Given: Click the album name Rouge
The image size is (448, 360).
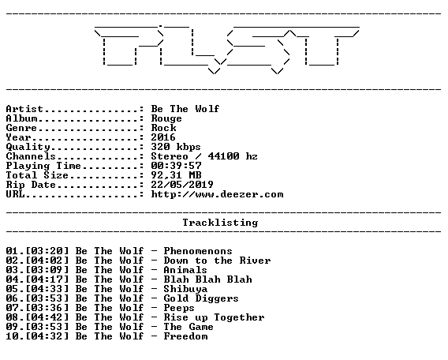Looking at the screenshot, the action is pyautogui.click(x=166, y=118).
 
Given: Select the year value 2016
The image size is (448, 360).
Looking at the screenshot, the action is pyautogui.click(x=163, y=137).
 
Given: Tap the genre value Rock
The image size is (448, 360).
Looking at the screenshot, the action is pyautogui.click(x=163, y=128).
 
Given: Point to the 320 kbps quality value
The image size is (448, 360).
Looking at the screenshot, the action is pyautogui.click(x=176, y=147).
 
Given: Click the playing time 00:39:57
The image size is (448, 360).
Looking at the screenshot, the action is pyautogui.click(x=177, y=166).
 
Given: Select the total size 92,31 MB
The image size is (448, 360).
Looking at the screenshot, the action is pyautogui.click(x=177, y=175).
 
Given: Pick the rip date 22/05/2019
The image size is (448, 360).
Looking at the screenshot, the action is pyautogui.click(x=182, y=185).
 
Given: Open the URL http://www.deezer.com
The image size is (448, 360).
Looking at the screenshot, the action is pyautogui.click(x=217, y=194).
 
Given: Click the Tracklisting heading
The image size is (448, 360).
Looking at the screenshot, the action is pyautogui.click(x=220, y=223).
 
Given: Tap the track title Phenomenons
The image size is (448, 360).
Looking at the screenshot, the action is pyautogui.click(x=198, y=251).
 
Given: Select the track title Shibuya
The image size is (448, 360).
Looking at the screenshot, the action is pyautogui.click(x=185, y=289).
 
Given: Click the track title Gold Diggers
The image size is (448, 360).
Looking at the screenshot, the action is pyautogui.click(x=201, y=298).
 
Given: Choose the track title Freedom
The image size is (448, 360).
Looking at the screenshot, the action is pyautogui.click(x=185, y=336).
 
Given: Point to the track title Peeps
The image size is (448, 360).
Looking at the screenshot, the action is pyautogui.click(x=179, y=308).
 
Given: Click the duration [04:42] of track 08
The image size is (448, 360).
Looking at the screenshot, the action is pyautogui.click(x=47, y=317).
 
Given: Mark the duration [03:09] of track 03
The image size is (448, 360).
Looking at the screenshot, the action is pyautogui.click(x=47, y=270).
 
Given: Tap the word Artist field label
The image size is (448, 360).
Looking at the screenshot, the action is pyautogui.click(x=24, y=109).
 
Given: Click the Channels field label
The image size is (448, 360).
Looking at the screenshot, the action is pyautogui.click(x=31, y=156).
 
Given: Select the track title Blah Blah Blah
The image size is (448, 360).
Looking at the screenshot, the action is pyautogui.click(x=207, y=279).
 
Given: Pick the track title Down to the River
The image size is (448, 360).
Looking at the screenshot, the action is pyautogui.click(x=217, y=261).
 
